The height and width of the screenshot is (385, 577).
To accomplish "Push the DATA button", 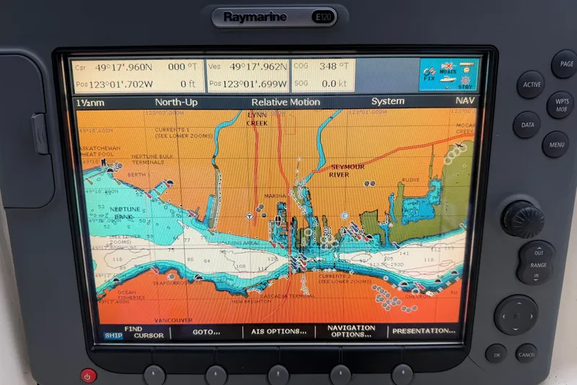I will click(527, 125).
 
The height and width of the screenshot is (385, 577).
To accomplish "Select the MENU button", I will click(556, 144).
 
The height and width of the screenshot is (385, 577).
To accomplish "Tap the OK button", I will click(495, 355).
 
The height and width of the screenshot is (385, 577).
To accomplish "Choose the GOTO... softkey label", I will click(206, 332).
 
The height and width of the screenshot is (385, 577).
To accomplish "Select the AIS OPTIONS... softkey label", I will click(278, 332).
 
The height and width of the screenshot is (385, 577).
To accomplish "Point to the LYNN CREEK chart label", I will click(257, 119).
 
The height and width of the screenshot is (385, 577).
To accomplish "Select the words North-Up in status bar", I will click(176, 102).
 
